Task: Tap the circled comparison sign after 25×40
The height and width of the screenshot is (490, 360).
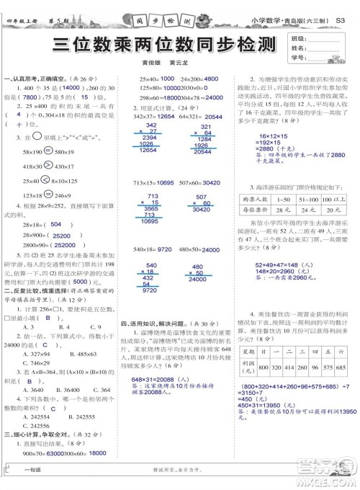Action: click(45, 180)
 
